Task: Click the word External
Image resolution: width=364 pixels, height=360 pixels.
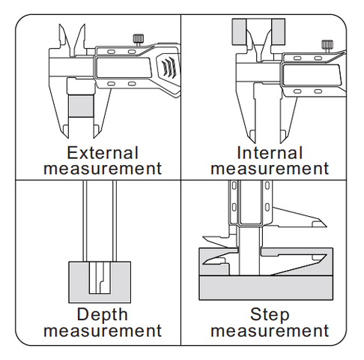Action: (103, 153)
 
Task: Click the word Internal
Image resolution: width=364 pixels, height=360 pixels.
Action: (270, 153)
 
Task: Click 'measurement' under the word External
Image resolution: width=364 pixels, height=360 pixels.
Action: (103, 169)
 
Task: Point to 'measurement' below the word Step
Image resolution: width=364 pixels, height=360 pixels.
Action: (270, 331)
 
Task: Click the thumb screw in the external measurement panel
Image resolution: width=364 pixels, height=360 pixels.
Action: (138, 40)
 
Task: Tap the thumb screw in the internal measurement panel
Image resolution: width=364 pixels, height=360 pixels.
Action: (327, 46)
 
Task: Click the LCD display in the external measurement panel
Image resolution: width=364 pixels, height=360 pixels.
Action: (124, 67)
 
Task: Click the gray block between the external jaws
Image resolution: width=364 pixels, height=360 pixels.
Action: (81, 106)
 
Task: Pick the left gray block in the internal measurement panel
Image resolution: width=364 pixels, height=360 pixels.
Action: (239, 31)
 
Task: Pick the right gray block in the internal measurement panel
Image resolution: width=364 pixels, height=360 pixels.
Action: (278, 31)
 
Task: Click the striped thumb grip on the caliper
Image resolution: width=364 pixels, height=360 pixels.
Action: (169, 67)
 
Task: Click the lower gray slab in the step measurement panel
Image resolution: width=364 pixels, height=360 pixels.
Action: (266, 287)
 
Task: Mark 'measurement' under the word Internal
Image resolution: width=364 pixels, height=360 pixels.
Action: (270, 169)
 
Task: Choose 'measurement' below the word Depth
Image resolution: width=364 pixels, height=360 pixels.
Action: (103, 331)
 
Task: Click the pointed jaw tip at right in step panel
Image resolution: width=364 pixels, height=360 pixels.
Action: (326, 255)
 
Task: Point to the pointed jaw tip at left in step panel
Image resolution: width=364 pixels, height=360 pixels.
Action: (203, 263)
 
